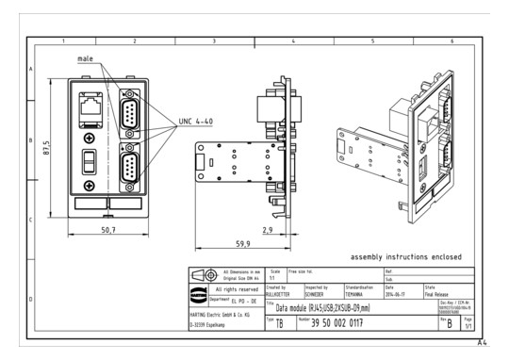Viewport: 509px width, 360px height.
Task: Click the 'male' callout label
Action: point(86,59)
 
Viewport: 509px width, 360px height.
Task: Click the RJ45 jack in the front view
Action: point(91,108)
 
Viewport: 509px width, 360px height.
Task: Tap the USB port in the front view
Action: point(91,161)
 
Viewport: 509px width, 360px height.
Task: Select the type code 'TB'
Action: point(280,322)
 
